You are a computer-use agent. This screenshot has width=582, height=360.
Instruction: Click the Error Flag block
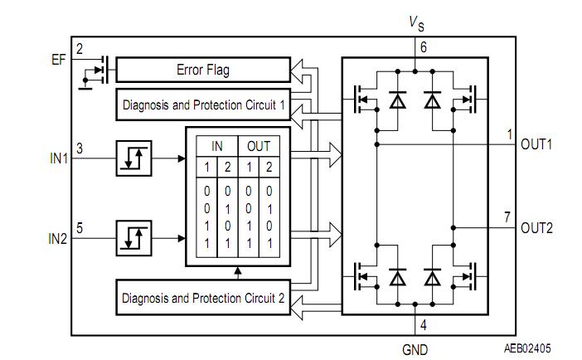pyautogui.click(x=202, y=70)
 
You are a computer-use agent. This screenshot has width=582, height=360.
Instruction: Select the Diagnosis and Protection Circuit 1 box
pyautogui.click(x=203, y=105)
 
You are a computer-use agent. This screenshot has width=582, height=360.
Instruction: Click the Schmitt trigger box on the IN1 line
pyautogui.click(x=133, y=158)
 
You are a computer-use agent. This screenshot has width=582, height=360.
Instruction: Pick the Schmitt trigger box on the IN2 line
pyautogui.click(x=133, y=238)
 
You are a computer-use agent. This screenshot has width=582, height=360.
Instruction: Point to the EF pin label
pyautogui.click(x=57, y=59)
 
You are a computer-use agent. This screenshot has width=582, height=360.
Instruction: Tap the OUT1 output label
pyautogui.click(x=536, y=144)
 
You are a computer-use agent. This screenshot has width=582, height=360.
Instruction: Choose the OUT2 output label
pyautogui.click(x=536, y=228)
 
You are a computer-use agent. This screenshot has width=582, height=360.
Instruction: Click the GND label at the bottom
pyautogui.click(x=415, y=349)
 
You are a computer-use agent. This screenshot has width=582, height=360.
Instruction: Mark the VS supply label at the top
pyautogui.click(x=416, y=24)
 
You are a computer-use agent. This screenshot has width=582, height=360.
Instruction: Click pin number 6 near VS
pyautogui.click(x=423, y=48)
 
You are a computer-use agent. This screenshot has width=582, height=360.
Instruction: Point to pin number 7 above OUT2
pyautogui.click(x=507, y=217)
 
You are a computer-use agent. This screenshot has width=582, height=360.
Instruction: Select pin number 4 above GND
pyautogui.click(x=423, y=325)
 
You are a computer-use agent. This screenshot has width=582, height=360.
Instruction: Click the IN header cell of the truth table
pyautogui.click(x=217, y=146)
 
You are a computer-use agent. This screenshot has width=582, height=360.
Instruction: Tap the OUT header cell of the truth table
pyautogui.click(x=259, y=146)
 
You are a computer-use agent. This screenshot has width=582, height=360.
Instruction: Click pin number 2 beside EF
pyautogui.click(x=80, y=49)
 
